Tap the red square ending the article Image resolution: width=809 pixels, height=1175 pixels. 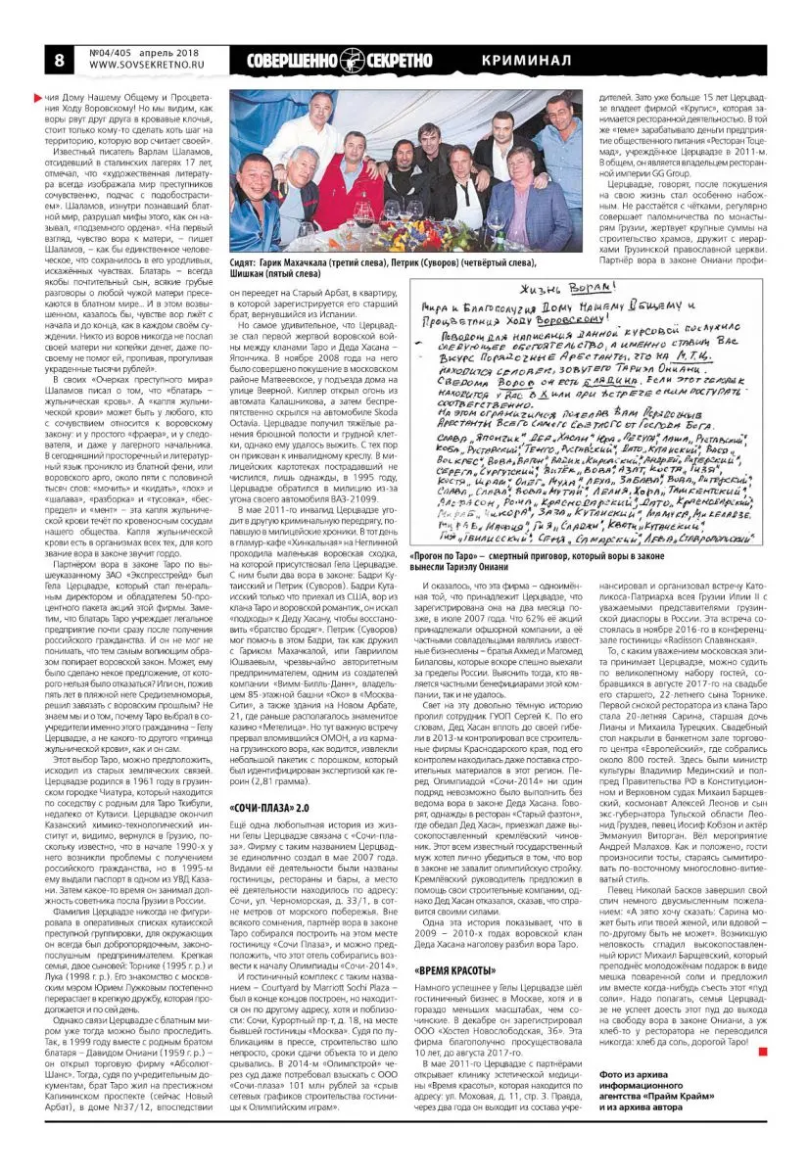pos(763,1052)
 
